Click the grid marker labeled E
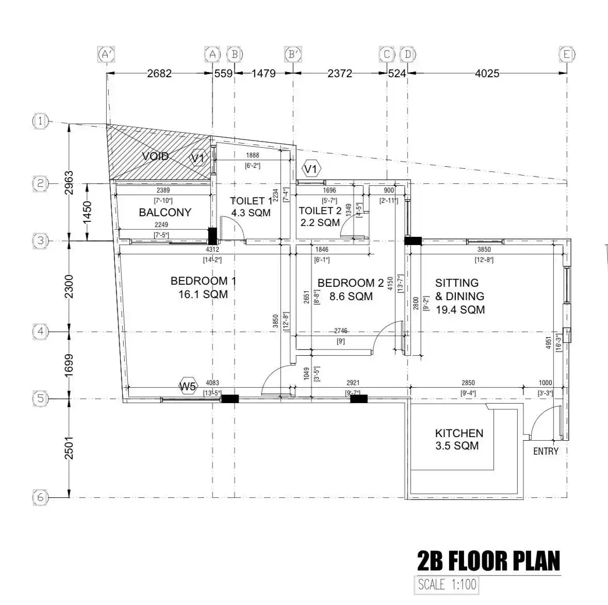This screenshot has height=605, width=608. pos(566,54)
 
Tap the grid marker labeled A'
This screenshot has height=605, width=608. pos(106,54)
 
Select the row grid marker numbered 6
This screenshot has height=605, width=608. pos(41,497)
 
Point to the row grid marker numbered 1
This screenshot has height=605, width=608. pos(41,122)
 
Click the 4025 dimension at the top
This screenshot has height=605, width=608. pos(487,74)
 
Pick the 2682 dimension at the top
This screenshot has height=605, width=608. pos(159,74)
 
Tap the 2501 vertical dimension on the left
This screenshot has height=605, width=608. pos(69,447)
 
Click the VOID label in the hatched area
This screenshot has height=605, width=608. pos(155,156)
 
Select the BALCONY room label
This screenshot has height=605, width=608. pos(165,212)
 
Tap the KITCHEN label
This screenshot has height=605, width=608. pos(459,434)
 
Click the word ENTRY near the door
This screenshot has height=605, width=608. pos(546,452)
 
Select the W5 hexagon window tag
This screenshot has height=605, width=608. pos(188,386)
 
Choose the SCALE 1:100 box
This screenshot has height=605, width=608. pos(447,585)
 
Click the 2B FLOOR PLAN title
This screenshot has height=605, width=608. pos(488,561)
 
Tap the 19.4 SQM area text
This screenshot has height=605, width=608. pos(460,309)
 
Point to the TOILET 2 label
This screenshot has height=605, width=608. pos(320,211)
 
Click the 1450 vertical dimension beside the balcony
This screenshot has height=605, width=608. pos(87,212)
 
